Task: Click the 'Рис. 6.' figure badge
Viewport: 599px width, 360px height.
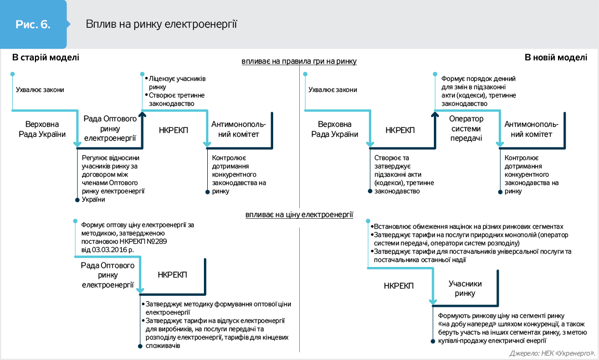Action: tap(33, 24)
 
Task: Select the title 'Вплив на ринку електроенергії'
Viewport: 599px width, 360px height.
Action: tap(161, 24)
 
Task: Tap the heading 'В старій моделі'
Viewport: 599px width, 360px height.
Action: tap(45, 57)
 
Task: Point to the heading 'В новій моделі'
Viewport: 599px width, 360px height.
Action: tap(556, 57)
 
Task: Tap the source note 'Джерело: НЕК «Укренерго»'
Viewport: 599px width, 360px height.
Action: tap(551, 353)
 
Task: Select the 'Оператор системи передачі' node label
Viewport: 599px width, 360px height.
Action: tap(466, 129)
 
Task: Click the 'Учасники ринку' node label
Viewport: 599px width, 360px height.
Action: tap(465, 289)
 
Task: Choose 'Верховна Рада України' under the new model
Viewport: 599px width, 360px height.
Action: tap(334, 129)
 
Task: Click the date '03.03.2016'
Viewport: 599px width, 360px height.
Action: tap(112, 250)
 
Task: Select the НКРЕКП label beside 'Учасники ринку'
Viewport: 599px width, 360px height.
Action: tap(398, 286)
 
